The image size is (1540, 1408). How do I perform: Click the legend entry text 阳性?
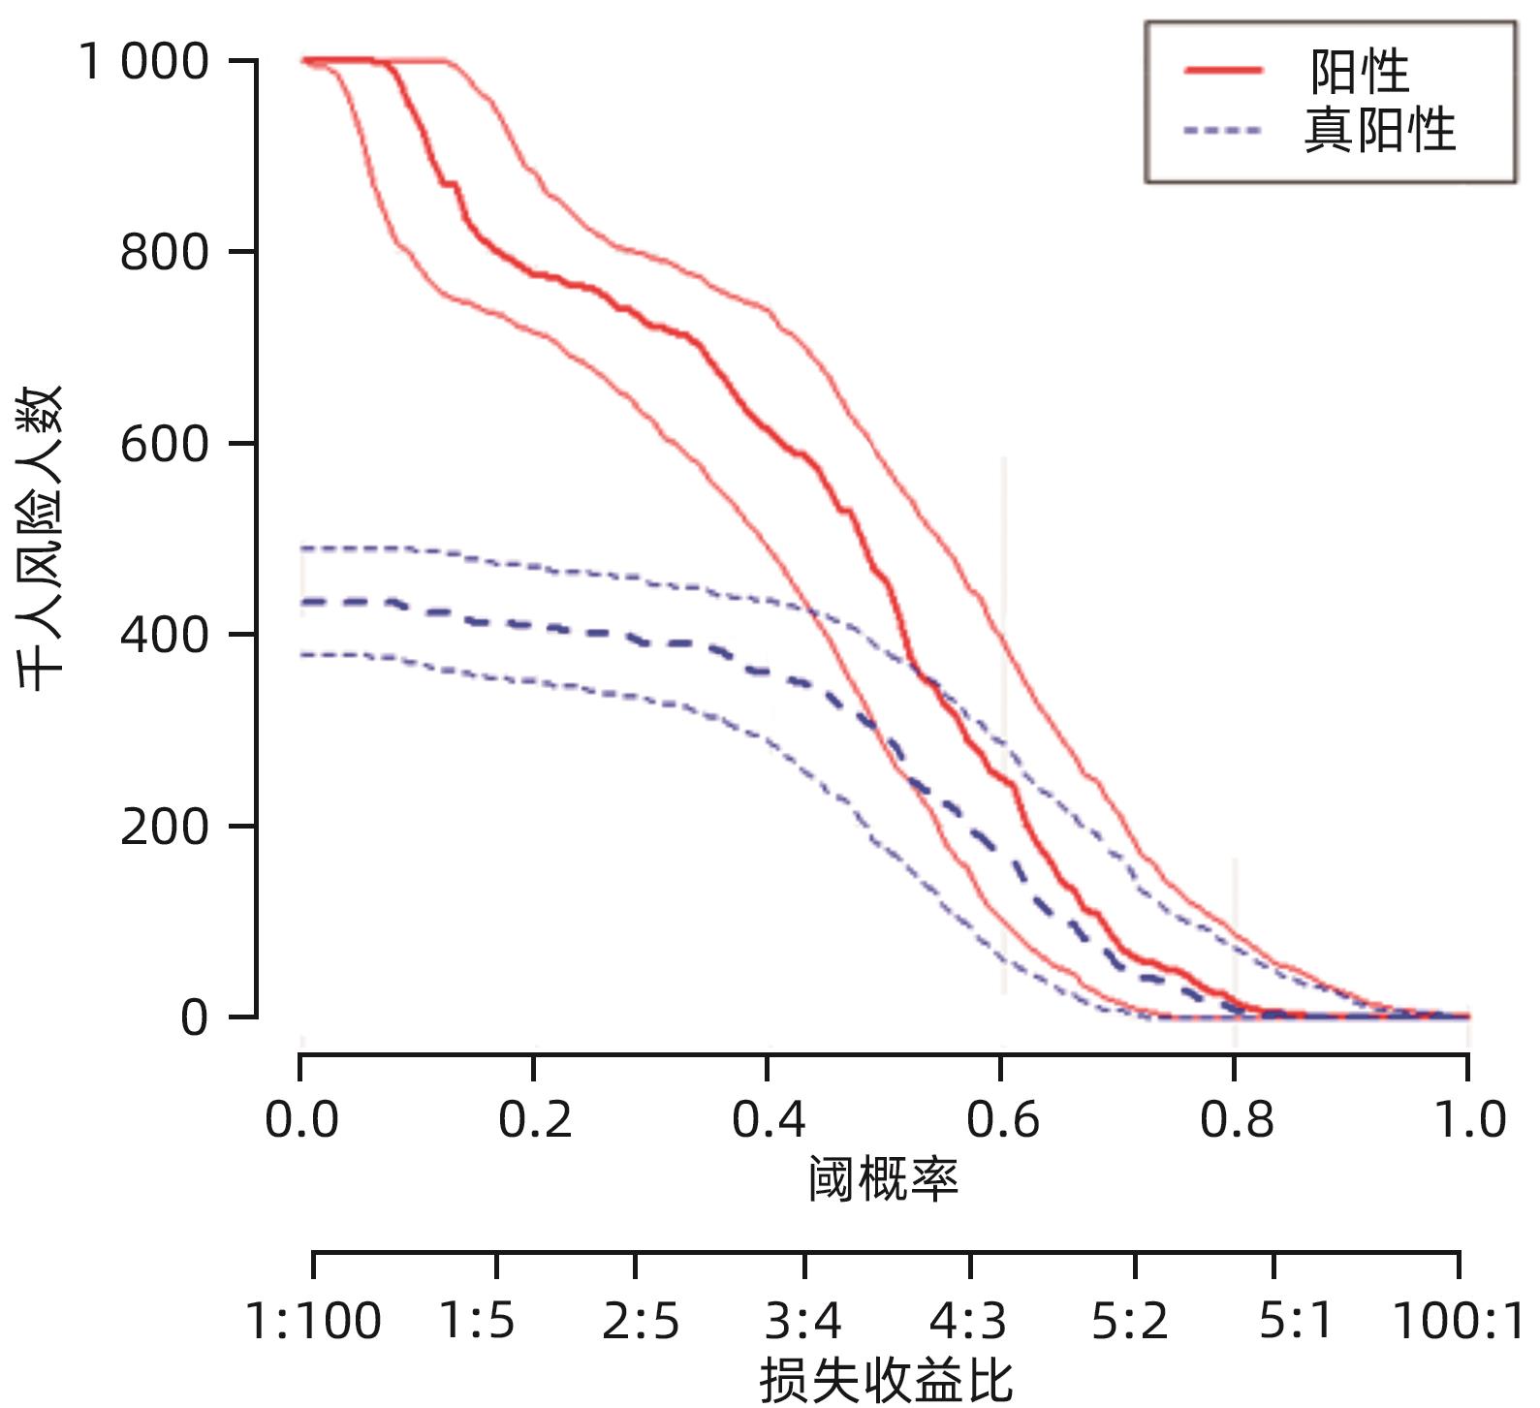(1359, 71)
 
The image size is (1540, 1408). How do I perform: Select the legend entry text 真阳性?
(1379, 130)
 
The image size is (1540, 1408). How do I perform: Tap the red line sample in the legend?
(1223, 70)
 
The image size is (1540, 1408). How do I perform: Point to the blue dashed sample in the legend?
(1223, 130)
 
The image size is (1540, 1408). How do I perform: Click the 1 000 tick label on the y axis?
(143, 62)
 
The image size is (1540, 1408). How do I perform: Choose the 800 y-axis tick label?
(165, 253)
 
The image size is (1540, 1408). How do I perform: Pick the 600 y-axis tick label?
(165, 445)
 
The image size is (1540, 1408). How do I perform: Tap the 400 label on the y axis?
(165, 636)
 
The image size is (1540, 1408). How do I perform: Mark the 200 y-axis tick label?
(165, 827)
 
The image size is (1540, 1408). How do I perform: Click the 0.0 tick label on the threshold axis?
(301, 1120)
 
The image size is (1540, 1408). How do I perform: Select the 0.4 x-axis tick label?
(769, 1120)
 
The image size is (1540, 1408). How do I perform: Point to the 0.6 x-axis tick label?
(1002, 1120)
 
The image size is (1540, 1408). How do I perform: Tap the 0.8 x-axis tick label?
(1236, 1120)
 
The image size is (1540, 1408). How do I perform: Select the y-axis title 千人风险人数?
(41, 538)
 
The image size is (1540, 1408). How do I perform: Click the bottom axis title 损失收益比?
(886, 1380)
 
